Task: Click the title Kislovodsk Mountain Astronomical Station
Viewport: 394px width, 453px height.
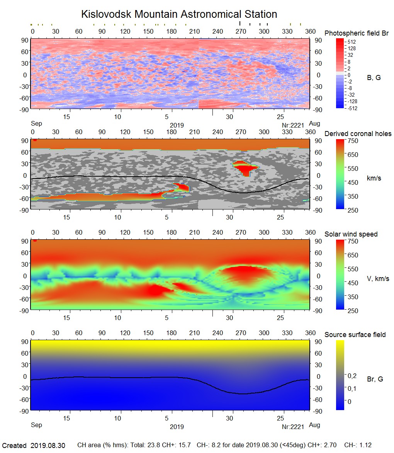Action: [x=179, y=14]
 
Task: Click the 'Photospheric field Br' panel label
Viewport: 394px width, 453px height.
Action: [x=357, y=33]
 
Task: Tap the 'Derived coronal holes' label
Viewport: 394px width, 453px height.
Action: [x=358, y=134]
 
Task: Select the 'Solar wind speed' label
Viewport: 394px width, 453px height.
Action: [x=351, y=234]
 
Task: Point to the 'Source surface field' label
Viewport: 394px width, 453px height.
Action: [x=355, y=335]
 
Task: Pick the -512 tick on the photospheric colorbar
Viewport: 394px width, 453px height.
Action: [x=352, y=108]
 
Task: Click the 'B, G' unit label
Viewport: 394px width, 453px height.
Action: [x=374, y=78]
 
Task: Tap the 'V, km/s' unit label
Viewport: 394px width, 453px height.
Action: [x=378, y=279]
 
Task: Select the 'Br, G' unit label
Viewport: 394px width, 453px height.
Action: [x=375, y=379]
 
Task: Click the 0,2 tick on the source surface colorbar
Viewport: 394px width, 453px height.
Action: [x=352, y=376]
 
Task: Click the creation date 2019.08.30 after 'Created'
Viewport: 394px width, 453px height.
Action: [x=48, y=446]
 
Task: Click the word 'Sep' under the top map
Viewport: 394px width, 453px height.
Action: [x=36, y=124]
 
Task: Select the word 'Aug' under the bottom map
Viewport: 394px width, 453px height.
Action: [x=315, y=425]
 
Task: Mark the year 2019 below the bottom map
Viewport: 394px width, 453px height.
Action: [x=177, y=427]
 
